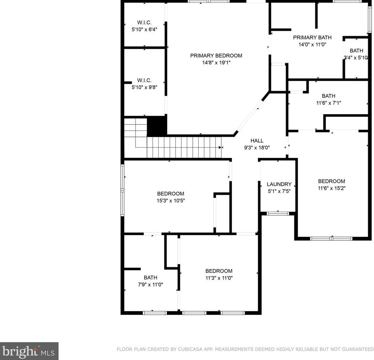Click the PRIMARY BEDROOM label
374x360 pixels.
216,56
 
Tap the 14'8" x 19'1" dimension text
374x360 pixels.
216,63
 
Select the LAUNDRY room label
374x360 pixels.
279,184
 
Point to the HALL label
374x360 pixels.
257,140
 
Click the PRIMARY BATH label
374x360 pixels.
312,38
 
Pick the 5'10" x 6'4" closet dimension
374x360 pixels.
144,30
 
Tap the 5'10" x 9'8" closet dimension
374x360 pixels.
144,87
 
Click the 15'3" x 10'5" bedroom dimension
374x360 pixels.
171,201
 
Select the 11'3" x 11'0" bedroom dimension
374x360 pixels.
219,278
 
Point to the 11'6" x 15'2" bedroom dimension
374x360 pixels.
332,188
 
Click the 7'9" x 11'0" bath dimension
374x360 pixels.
150,284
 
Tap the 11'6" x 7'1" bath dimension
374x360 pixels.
328,103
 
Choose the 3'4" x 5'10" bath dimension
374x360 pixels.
356,58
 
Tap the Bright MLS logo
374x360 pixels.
29,351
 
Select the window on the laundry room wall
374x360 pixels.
277,213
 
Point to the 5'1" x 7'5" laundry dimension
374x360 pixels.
279,191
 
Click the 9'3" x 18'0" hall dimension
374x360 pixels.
257,148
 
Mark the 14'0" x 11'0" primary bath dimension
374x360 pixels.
312,44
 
